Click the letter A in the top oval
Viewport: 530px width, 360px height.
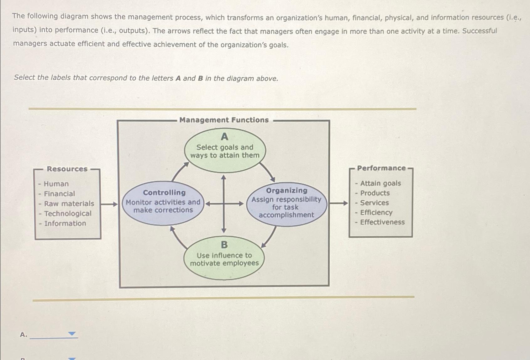(x=224, y=137)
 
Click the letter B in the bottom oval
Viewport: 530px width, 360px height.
(x=224, y=245)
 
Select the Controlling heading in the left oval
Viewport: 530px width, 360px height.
(x=164, y=193)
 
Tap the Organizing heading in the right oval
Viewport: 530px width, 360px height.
(x=287, y=190)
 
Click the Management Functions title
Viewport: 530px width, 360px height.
(x=224, y=120)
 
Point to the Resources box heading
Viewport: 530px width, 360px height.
(x=67, y=169)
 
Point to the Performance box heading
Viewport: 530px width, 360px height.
(x=381, y=168)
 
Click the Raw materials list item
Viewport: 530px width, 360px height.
(x=69, y=204)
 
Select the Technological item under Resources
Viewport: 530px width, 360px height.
(x=68, y=214)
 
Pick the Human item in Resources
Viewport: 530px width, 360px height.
(x=56, y=184)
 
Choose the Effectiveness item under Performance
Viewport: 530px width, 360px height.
(x=382, y=222)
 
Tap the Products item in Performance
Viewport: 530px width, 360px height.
(x=375, y=193)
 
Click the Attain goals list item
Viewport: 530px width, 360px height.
(x=380, y=183)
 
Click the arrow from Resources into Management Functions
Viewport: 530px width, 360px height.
(x=109, y=204)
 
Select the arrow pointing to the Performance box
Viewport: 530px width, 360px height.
(x=339, y=203)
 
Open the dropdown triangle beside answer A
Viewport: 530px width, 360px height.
(x=72, y=334)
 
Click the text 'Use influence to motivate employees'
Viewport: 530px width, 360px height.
(x=224, y=259)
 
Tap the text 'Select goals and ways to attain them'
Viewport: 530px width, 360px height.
(x=225, y=151)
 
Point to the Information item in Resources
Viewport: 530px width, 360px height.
(x=65, y=224)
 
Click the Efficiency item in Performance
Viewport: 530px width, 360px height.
(x=376, y=213)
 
